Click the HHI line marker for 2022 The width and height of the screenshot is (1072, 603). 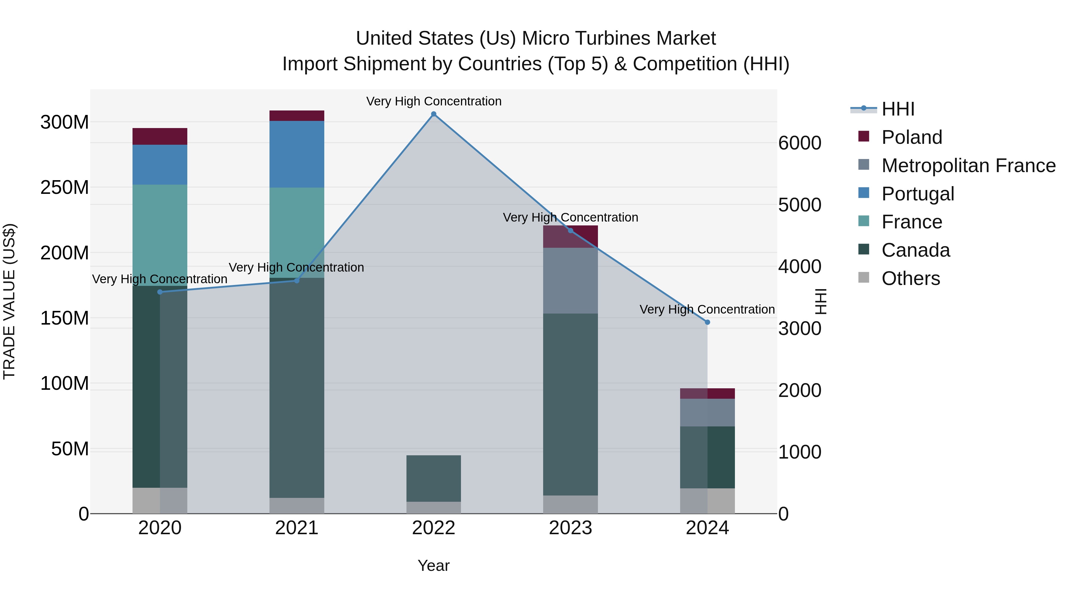[x=434, y=114]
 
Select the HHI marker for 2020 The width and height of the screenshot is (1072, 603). [x=160, y=292]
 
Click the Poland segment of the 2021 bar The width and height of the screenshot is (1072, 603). [x=297, y=116]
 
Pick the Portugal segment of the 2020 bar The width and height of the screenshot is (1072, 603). [x=160, y=165]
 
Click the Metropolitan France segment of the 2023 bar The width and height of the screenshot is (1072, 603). [x=570, y=281]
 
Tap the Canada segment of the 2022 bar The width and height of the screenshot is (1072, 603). [x=434, y=478]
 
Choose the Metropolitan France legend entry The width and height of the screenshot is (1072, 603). [x=968, y=166]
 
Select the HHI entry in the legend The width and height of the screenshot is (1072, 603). [x=898, y=109]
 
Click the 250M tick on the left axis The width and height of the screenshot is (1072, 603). [x=65, y=188]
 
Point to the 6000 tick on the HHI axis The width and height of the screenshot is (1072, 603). [x=800, y=143]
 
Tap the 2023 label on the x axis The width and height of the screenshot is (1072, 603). [x=570, y=528]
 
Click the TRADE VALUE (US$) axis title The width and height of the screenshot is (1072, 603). [x=9, y=301]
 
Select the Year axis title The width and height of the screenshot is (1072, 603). [x=434, y=565]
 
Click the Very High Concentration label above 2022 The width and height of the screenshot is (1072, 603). [x=434, y=102]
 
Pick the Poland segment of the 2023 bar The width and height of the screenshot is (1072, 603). [x=570, y=236]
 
